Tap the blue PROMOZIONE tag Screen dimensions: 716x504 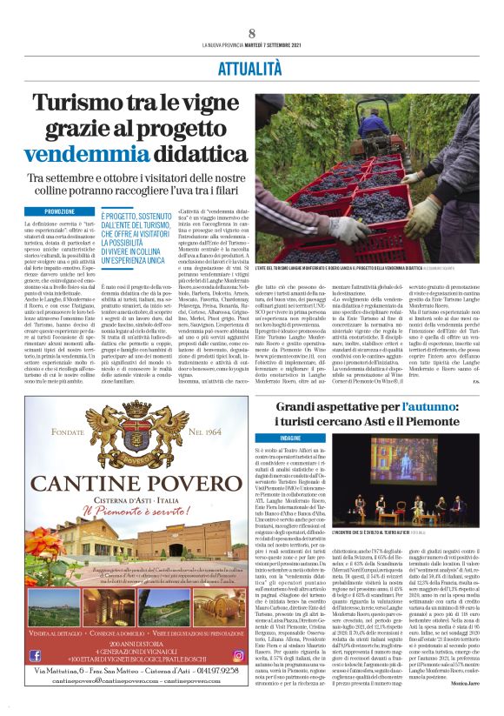click(x=59, y=211)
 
